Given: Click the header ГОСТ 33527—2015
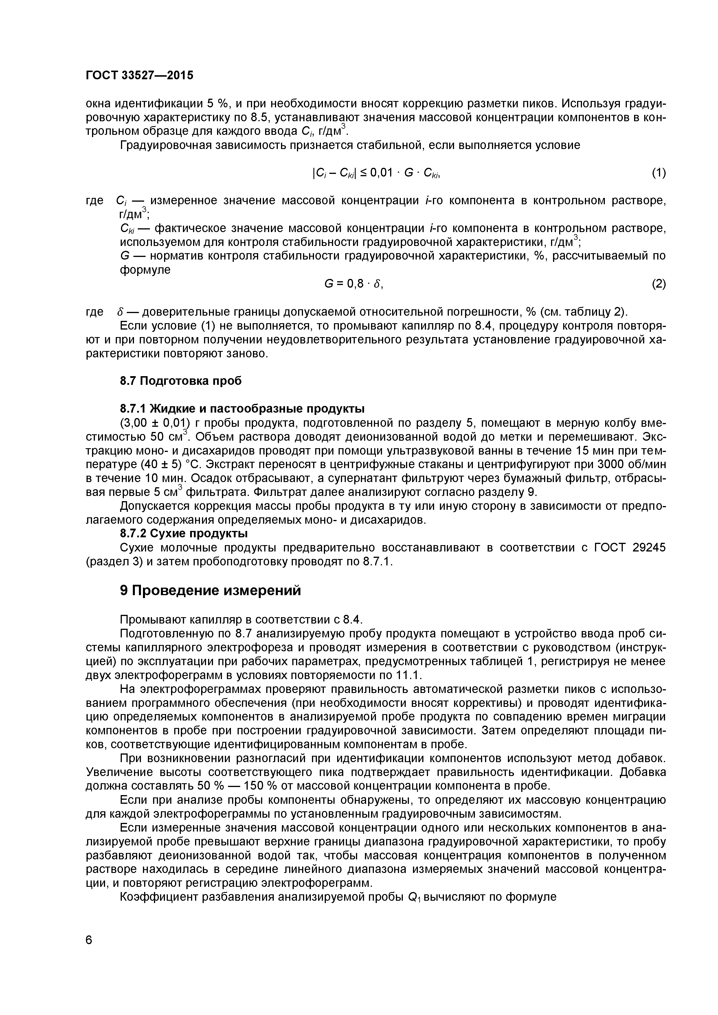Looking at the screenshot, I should pos(139,76).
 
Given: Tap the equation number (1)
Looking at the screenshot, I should pos(658,173).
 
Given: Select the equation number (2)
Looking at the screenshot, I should pos(658,284).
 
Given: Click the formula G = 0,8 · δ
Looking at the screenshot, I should pos(353,284).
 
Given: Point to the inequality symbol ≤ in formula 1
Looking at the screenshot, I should pos(363,173).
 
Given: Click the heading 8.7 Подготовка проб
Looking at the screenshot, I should pos(181,381).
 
